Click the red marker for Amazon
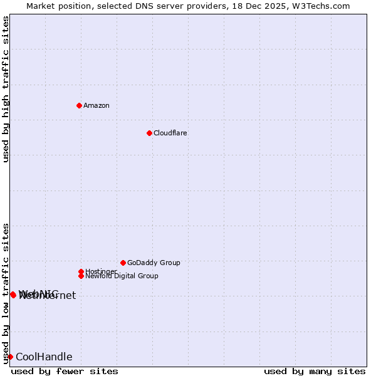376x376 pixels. (79, 105)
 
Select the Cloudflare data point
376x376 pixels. (149, 133)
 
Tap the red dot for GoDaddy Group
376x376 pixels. (123, 263)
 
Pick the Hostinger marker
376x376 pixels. (81, 271)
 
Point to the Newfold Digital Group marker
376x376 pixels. (81, 276)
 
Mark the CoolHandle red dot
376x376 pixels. (10, 357)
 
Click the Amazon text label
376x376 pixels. (96, 105)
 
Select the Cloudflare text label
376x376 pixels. (170, 133)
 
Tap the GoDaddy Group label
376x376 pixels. (154, 263)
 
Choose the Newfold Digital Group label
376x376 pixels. (122, 276)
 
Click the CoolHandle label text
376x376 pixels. (44, 357)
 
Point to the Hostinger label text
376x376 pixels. (100, 271)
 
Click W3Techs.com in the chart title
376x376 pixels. (320, 6)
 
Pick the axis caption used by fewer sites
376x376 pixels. (65, 371)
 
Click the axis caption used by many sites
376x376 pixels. (315, 371)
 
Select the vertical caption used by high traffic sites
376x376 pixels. (6, 89)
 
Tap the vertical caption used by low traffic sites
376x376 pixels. (6, 293)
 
